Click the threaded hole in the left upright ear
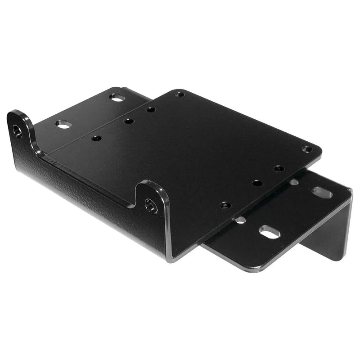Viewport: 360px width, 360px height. tap(18, 131)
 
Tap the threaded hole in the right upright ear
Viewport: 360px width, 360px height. tap(151, 206)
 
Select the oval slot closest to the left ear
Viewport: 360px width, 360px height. tap(63, 124)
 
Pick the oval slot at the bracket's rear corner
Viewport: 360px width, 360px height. tap(117, 97)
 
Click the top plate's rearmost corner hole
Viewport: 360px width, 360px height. tap(180, 94)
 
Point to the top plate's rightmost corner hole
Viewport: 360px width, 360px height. tap(307, 149)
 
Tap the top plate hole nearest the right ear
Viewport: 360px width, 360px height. tap(225, 205)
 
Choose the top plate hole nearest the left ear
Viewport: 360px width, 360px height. tap(96, 138)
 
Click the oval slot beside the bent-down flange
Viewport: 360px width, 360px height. tap(322, 192)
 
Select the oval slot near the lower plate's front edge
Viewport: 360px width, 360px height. tap(270, 232)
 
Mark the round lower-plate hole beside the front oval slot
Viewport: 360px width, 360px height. tap(240, 220)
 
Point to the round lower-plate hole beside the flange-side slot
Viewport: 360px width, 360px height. tap(294, 182)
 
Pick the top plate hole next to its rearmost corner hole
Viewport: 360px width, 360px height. tap(151, 109)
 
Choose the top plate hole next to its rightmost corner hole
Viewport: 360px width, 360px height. tap(279, 169)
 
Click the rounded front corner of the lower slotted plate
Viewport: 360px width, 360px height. tap(256, 268)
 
